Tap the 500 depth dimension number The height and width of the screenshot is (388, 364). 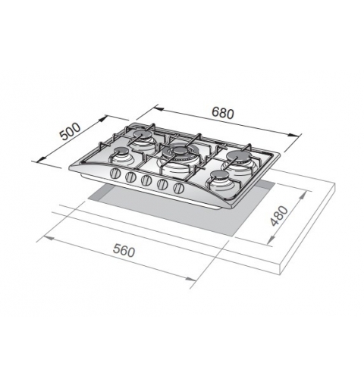[x=69, y=133]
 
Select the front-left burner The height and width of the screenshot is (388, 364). [x=121, y=158]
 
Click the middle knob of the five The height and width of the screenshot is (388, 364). [x=146, y=182]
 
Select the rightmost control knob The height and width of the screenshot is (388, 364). [x=179, y=188]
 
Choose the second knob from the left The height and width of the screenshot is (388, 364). [x=130, y=178]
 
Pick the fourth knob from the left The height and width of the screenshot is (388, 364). [x=162, y=185]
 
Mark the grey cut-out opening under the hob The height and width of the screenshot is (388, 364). [x=174, y=208]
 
